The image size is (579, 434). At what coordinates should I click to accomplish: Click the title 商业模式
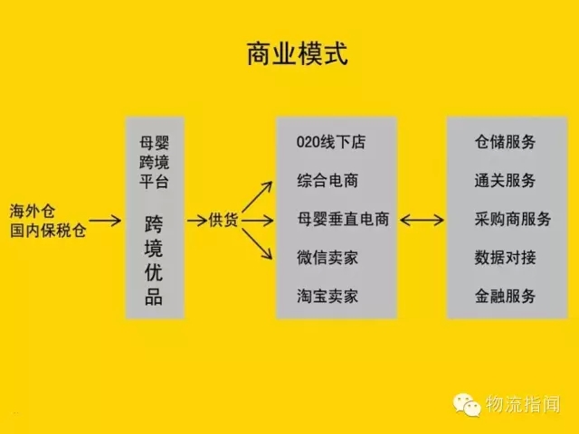coord(298,54)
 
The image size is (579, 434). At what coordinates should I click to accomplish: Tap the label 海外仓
coord(33,211)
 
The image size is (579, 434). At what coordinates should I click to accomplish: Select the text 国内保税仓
coord(48,231)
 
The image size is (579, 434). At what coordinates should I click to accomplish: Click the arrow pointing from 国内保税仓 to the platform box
coord(105,221)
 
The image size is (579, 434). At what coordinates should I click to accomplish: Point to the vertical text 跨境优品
coord(154,260)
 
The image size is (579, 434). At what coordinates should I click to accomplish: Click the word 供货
coord(223,220)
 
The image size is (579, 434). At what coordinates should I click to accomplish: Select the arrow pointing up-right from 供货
coord(257,197)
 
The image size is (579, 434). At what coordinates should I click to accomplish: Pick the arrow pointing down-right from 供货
coord(257,244)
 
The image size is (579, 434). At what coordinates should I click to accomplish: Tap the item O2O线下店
coord(331,142)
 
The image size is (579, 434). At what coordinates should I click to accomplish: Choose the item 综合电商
coord(327,181)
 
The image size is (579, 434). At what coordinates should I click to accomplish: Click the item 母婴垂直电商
coord(343,219)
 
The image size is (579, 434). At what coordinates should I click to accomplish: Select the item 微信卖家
coord(327,258)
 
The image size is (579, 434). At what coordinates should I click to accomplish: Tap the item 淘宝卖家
coord(327,296)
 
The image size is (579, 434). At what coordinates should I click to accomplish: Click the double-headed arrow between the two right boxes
coord(422,220)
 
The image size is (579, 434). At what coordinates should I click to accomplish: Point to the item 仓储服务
coord(505,142)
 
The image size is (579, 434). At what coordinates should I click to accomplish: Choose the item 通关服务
coord(505,181)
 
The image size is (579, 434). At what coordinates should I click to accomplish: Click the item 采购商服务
coord(513,219)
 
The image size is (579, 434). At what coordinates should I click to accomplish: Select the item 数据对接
coord(505,258)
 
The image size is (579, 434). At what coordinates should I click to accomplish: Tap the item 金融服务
coord(505,296)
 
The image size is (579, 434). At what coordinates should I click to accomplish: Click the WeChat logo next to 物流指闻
coord(467,405)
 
